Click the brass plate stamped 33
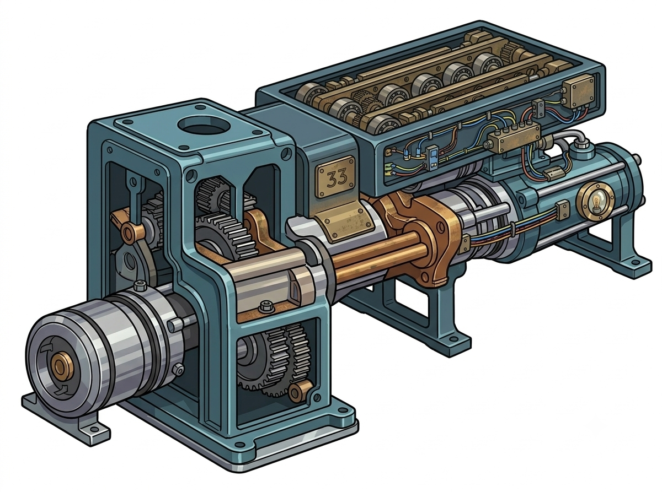point(337,176)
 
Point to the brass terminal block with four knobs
point(513,137)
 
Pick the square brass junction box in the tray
point(578,91)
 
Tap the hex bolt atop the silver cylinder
point(140,286)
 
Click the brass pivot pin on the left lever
point(130,231)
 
